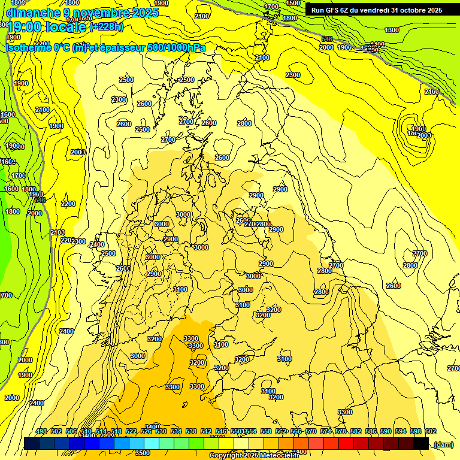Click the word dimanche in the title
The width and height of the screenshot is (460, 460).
tap(32, 12)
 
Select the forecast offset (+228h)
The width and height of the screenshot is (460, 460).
tap(106, 27)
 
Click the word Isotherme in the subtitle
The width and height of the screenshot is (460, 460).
tap(29, 47)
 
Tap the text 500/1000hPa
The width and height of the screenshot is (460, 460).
tap(177, 47)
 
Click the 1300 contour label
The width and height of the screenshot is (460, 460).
tap(392, 30)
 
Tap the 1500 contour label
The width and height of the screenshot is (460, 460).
tap(293, 3)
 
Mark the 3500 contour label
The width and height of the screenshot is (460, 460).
tap(143, 453)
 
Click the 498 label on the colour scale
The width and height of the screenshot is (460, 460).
tap(41, 432)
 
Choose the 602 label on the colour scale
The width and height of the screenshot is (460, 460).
tap(430, 432)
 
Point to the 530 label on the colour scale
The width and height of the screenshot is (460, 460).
tap(161, 432)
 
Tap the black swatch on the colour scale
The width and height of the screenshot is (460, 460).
tap(421, 443)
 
